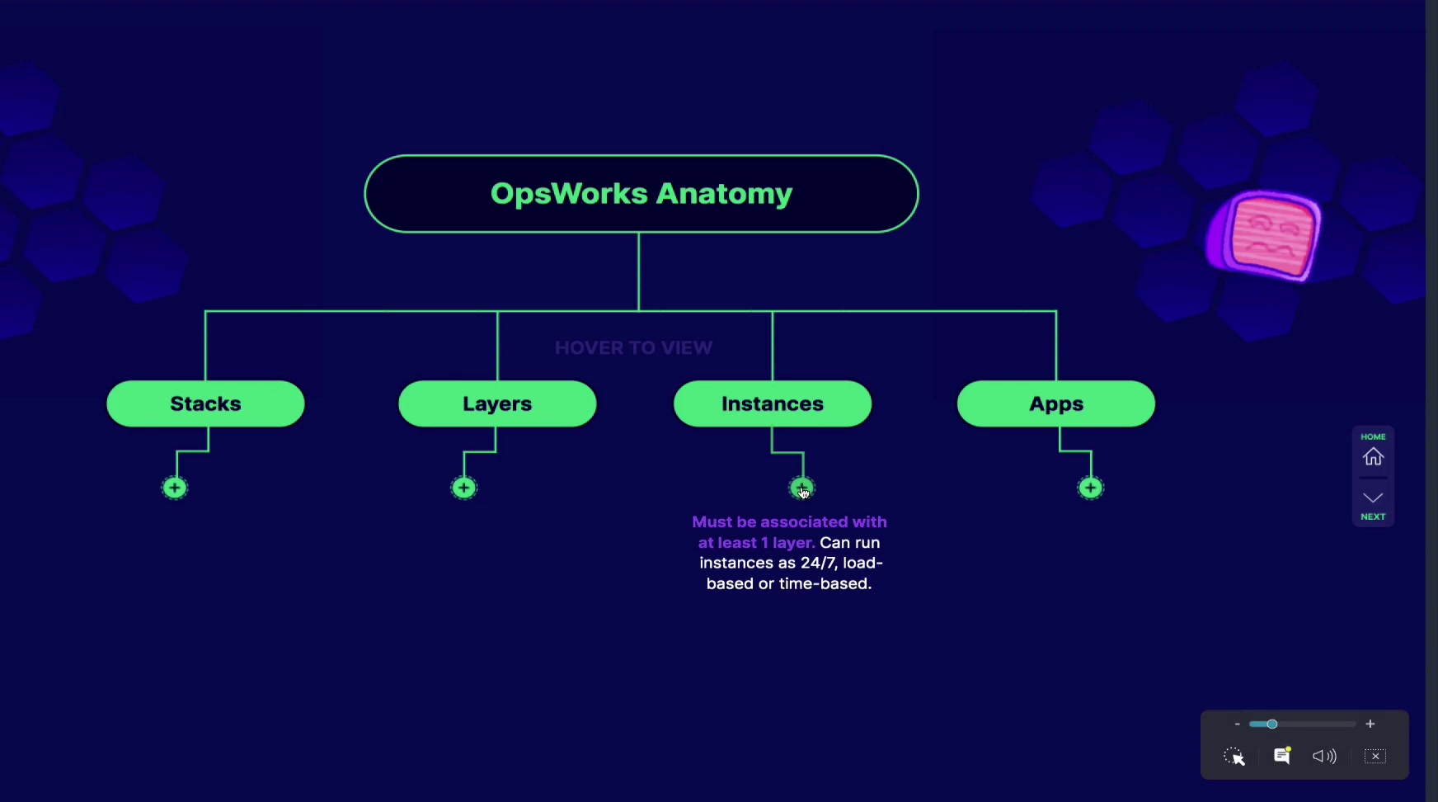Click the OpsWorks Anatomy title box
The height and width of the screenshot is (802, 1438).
point(641,194)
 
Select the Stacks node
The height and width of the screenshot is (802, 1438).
point(205,403)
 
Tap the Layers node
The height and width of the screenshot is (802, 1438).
point(497,403)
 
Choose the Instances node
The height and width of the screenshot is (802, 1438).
point(773,403)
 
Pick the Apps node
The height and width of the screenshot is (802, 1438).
point(1056,403)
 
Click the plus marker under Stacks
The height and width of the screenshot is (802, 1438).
point(175,488)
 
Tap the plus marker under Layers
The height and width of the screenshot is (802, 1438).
point(464,488)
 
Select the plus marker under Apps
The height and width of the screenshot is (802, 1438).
point(1091,488)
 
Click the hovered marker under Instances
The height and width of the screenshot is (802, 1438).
point(801,488)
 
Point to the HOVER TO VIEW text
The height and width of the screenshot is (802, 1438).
point(633,348)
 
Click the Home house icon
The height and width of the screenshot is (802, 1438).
point(1373,456)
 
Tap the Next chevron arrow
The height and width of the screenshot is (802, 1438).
point(1373,498)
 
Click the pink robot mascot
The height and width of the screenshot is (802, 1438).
point(1264,234)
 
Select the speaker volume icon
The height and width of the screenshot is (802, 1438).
point(1324,757)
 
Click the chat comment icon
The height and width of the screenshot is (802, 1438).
point(1282,756)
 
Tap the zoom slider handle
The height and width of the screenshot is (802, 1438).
point(1272,724)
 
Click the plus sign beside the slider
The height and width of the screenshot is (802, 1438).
point(1370,724)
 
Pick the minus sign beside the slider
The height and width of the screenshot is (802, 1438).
point(1237,724)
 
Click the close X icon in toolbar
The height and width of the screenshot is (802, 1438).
point(1375,757)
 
